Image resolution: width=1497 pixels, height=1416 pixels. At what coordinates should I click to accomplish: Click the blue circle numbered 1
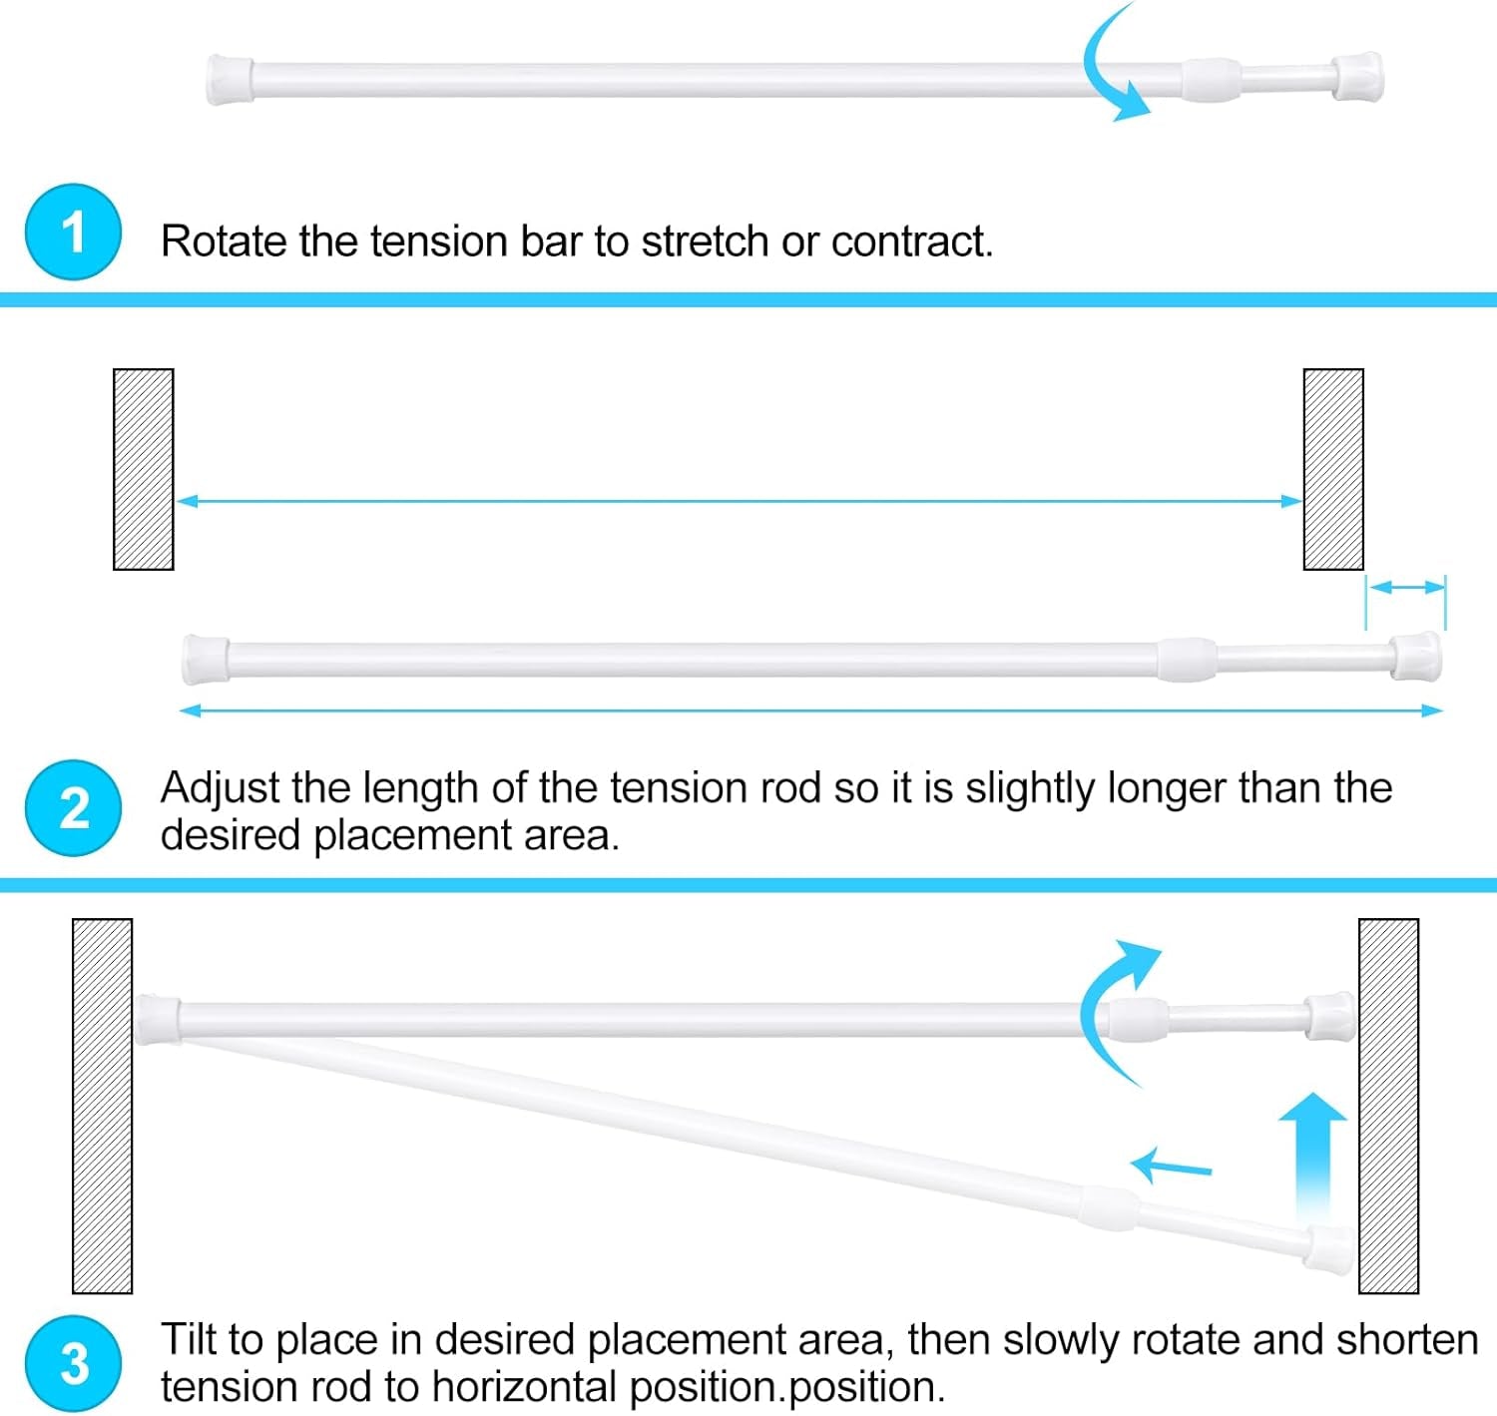tap(73, 232)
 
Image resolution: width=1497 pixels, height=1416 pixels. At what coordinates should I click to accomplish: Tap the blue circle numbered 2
tap(73, 807)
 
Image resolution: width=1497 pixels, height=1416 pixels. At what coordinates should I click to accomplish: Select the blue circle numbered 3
tap(73, 1363)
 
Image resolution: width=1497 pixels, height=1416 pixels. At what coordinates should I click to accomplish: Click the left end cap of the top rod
tap(230, 80)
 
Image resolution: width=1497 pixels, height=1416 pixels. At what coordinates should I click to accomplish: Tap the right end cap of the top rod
tap(1358, 78)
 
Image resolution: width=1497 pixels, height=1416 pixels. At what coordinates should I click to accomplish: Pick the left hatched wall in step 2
tap(144, 469)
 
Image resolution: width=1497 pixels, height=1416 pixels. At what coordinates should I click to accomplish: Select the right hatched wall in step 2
tap(1333, 469)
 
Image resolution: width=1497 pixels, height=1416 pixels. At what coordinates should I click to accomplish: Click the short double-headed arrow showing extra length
tap(1405, 588)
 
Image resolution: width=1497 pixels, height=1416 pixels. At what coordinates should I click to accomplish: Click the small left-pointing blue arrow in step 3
tap(1171, 1165)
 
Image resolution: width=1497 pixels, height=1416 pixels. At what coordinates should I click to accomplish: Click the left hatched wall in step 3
tap(102, 1105)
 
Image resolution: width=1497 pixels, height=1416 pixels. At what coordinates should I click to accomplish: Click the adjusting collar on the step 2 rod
tap(1187, 660)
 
